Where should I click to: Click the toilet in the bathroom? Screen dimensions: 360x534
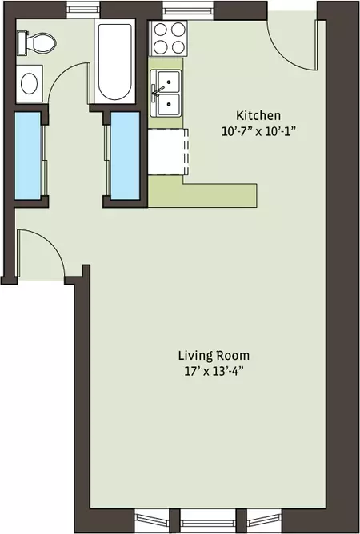[37, 43]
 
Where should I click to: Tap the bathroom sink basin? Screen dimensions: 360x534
[30, 83]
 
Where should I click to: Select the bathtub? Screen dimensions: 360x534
[114, 62]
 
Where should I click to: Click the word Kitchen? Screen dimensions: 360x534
[258, 115]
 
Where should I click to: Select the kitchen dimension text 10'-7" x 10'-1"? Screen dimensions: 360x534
[258, 131]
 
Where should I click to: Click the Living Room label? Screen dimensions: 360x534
[214, 356]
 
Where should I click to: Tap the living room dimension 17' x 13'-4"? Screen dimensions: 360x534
[214, 371]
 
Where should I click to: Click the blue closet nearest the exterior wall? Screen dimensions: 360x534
[28, 156]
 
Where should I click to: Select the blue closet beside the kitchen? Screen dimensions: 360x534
[125, 156]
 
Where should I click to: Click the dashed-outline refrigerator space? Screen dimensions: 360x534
[169, 152]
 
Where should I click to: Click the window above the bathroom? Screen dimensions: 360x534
[83, 10]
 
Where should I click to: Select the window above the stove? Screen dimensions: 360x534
[188, 10]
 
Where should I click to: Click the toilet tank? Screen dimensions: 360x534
[22, 43]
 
